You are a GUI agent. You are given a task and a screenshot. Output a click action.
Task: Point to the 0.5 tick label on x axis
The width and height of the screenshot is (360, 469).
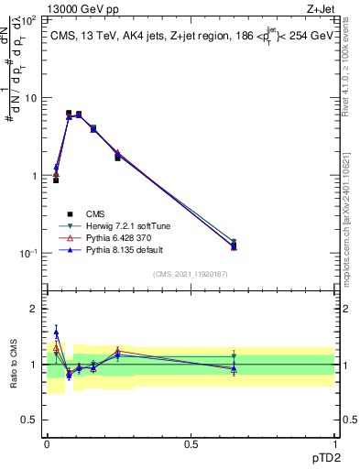190,442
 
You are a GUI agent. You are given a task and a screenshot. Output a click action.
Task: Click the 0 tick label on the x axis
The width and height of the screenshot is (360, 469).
47,442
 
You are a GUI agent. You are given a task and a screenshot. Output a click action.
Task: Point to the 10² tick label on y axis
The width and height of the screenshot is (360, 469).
27,19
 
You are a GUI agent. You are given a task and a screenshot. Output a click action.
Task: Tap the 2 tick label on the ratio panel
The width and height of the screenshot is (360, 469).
33,309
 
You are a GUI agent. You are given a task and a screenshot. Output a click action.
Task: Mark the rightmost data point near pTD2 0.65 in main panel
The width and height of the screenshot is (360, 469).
234,245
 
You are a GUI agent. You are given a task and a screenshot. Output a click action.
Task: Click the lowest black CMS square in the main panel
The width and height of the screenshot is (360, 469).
56,180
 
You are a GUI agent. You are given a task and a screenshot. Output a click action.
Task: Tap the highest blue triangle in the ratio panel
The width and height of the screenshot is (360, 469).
56,333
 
